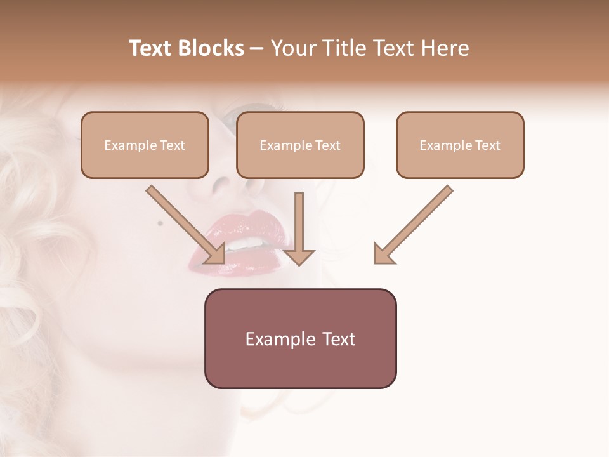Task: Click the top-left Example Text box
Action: point(145,145)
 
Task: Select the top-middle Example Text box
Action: point(300,145)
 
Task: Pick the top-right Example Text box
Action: point(460,145)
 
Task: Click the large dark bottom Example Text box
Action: point(300,338)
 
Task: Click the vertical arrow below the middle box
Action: point(299,228)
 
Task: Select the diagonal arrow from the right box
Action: point(412,225)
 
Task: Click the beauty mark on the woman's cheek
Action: point(160,223)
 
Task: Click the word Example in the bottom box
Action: point(277,339)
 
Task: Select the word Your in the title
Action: point(294,48)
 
